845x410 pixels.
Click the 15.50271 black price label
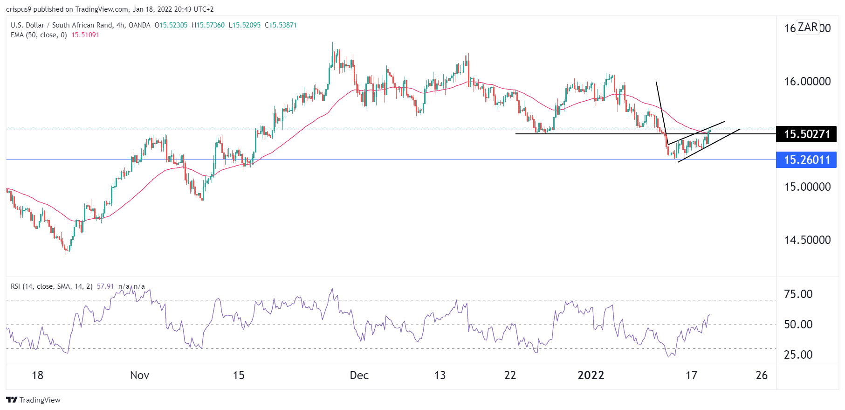pyautogui.click(x=806, y=134)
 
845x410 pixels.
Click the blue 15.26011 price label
pyautogui.click(x=806, y=160)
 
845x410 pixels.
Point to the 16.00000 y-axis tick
pyautogui.click(x=807, y=82)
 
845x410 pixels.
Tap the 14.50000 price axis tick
pyautogui.click(x=807, y=240)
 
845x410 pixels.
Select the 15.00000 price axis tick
pyautogui.click(x=807, y=187)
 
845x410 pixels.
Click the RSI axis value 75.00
pyautogui.click(x=798, y=294)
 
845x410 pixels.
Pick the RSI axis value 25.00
pyautogui.click(x=798, y=355)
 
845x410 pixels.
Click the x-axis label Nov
pyautogui.click(x=139, y=375)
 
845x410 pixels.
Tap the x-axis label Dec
pyautogui.click(x=359, y=375)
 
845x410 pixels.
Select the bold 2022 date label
pyautogui.click(x=591, y=375)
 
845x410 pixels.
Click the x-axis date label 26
pyautogui.click(x=761, y=375)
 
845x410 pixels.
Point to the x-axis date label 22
pyautogui.click(x=510, y=375)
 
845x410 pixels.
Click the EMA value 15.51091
pyautogui.click(x=85, y=35)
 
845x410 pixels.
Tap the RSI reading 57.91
pyautogui.click(x=105, y=286)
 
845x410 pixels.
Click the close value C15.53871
pyautogui.click(x=281, y=25)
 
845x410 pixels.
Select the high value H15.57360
pyautogui.click(x=208, y=25)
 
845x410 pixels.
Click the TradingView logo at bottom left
pyautogui.click(x=33, y=400)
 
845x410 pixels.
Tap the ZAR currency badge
pyautogui.click(x=807, y=27)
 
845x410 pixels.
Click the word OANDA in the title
pyautogui.click(x=139, y=25)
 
